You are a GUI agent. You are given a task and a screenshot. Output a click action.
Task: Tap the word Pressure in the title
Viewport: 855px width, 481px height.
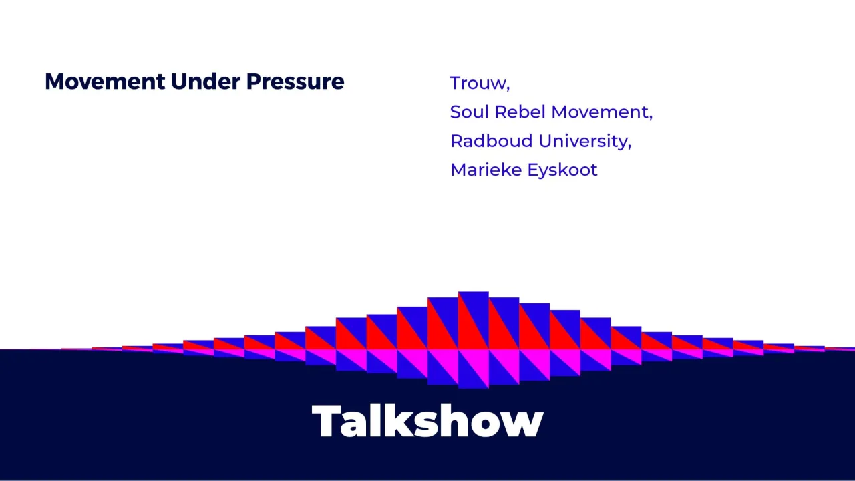tap(295, 82)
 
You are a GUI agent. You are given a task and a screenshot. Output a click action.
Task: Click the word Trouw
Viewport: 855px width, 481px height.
tap(478, 84)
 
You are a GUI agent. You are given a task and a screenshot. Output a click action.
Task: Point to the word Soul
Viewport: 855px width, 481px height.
tap(470, 112)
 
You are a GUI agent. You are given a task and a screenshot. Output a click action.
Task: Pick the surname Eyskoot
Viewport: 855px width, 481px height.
tap(562, 170)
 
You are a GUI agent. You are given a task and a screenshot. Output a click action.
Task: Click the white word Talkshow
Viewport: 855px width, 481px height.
tap(427, 421)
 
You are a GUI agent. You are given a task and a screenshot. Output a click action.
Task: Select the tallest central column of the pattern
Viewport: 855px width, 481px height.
tap(473, 321)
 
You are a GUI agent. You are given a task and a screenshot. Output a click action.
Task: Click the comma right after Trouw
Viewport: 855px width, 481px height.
tap(508, 89)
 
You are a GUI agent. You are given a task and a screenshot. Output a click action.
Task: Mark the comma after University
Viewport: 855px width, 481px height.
tap(629, 146)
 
